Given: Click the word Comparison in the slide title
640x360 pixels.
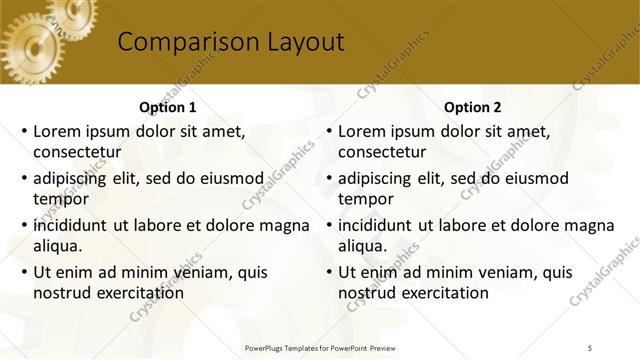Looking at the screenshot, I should tap(177, 42).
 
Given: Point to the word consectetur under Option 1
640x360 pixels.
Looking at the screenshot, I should tap(77, 153).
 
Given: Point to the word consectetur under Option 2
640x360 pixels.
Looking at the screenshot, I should tap(382, 153).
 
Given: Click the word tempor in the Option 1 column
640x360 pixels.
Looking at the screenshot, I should tap(59, 199).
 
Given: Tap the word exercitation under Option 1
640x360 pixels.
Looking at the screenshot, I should tap(136, 293).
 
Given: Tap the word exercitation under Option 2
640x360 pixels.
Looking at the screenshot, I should tap(441, 293).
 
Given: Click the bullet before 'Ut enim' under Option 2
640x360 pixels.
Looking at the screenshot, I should tap(328, 271).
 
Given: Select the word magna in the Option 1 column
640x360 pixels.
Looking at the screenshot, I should tap(282, 225).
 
